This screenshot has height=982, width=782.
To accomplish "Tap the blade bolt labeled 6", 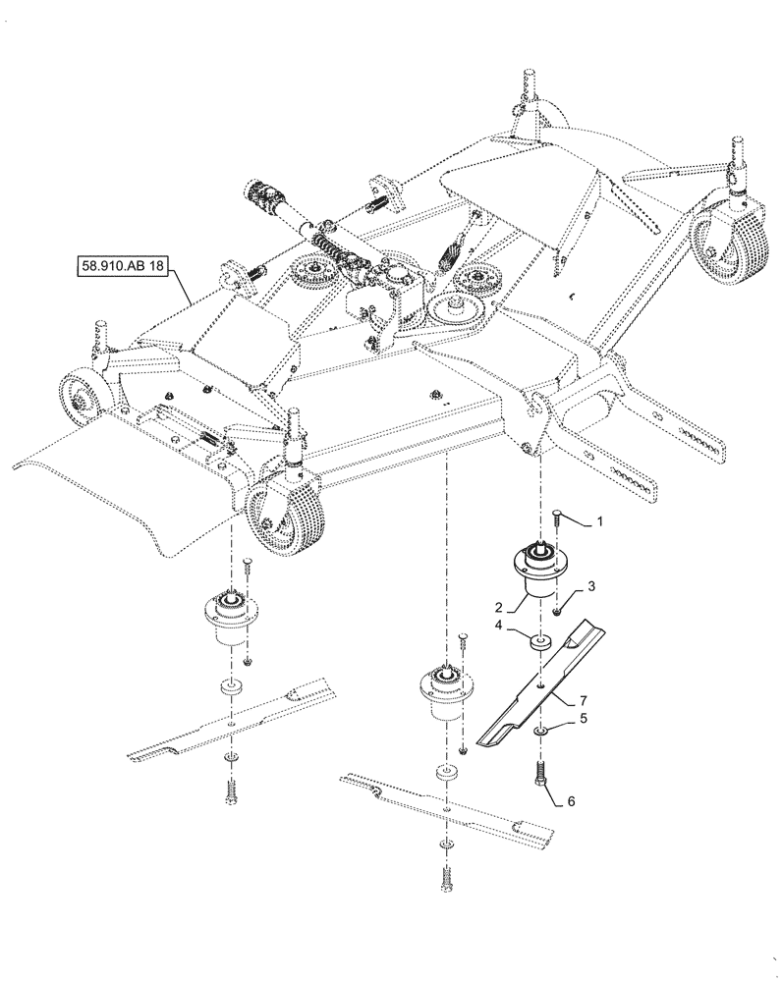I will pyautogui.click(x=539, y=774).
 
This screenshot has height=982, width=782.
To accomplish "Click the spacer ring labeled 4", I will pyautogui.click(x=539, y=644).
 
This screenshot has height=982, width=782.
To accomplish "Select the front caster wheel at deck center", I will pyautogui.click(x=283, y=511).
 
